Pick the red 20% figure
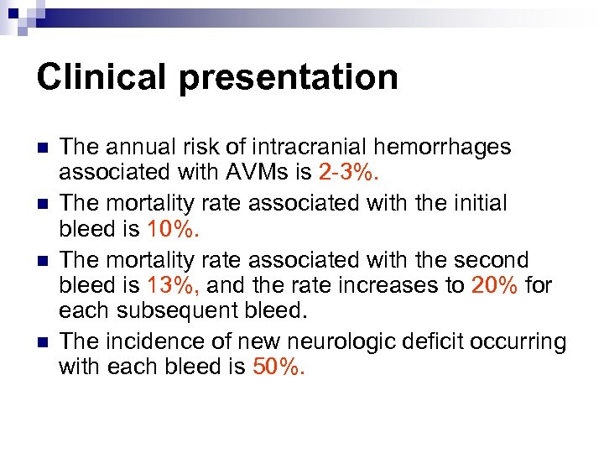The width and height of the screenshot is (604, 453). pyautogui.click(x=495, y=285)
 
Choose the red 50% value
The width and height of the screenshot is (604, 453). pyautogui.click(x=279, y=367)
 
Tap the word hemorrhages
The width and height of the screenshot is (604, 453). pyautogui.click(x=443, y=148)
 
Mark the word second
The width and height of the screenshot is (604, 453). pyautogui.click(x=497, y=260)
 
